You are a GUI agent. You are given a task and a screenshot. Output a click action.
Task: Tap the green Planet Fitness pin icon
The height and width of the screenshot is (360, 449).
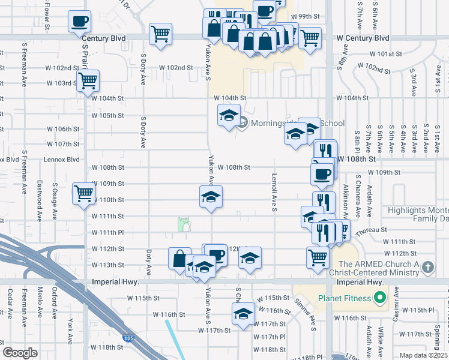(x=379, y=297)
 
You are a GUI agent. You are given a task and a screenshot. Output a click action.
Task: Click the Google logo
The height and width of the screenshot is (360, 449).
(x=20, y=353)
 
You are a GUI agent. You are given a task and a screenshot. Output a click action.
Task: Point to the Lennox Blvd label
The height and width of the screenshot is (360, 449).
(x=62, y=160)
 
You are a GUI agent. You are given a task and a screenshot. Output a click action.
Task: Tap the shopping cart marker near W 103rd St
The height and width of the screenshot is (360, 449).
(x=88, y=80)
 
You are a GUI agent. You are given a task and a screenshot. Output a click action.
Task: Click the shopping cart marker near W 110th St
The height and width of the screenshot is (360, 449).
(x=83, y=193)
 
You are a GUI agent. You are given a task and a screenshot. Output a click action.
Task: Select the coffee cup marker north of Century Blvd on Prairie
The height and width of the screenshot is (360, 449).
(x=80, y=22)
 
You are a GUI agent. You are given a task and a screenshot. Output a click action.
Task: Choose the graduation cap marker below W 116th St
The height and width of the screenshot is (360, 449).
(x=243, y=313)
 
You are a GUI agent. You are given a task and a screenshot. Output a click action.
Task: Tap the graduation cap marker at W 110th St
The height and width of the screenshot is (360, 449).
(x=211, y=196)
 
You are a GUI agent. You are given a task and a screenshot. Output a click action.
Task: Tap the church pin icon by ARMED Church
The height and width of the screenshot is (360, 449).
(x=428, y=266)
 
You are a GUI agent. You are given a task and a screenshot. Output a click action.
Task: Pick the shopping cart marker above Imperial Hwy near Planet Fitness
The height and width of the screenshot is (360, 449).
(x=318, y=257)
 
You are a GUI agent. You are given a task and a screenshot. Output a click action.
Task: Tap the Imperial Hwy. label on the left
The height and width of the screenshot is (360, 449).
(x=115, y=281)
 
